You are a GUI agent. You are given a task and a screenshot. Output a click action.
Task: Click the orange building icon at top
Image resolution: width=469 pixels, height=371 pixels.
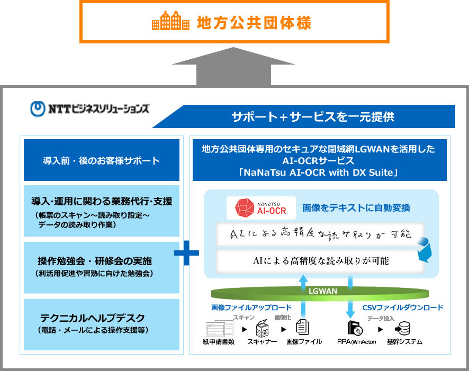click(170, 22)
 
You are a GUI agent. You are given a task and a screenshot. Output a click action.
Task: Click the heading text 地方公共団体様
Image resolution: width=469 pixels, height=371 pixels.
click(254, 23)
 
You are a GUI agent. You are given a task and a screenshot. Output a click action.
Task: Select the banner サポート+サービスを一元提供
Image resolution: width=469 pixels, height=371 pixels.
click(312, 116)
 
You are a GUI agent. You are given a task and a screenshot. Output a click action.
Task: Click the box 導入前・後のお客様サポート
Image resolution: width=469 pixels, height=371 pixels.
click(101, 160)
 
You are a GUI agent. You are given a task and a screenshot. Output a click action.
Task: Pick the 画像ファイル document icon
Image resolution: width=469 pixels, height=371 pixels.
click(302, 328)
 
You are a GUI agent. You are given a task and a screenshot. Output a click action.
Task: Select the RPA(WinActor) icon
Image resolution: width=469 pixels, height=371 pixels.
click(354, 328)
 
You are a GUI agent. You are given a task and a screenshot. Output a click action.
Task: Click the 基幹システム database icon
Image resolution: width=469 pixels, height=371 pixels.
click(403, 328)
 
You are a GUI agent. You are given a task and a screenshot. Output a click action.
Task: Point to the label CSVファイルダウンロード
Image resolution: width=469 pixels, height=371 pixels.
click(402, 307)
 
